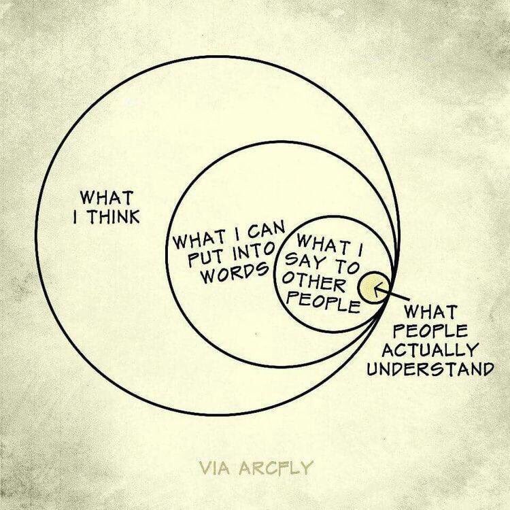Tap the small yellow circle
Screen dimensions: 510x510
371,286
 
